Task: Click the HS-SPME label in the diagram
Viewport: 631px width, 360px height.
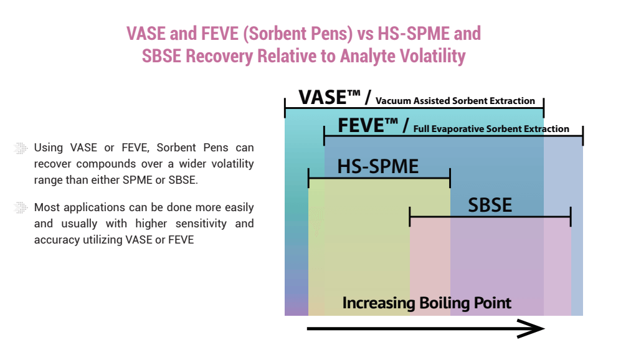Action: [x=378, y=166]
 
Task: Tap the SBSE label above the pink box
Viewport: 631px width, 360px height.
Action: [x=490, y=205]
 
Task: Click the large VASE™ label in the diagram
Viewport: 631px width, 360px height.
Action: [x=330, y=97]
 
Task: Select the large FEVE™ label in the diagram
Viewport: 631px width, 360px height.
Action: [x=368, y=125]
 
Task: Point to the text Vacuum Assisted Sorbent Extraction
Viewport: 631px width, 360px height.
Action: [x=455, y=101]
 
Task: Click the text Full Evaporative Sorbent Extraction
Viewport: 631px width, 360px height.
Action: [x=491, y=129]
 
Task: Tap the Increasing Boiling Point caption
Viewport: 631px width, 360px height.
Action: [x=427, y=303]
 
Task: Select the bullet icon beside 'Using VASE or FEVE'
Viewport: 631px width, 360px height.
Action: [x=21, y=148]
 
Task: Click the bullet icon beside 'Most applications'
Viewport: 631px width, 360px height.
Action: [x=21, y=207]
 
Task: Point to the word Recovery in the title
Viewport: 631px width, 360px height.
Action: [x=219, y=56]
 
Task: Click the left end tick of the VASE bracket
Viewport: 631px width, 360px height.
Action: [x=285, y=107]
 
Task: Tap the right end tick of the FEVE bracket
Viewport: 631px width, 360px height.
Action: [x=582, y=136]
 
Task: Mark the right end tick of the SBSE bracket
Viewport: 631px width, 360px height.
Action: [x=571, y=217]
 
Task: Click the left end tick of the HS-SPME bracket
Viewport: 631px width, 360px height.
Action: [x=308, y=178]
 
